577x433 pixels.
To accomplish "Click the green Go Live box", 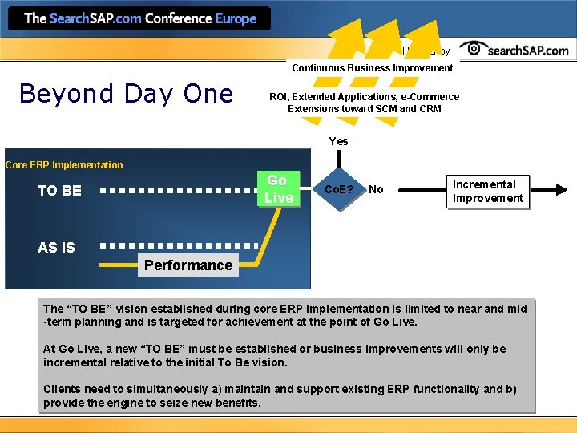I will (278, 189).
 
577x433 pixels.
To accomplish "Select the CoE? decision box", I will (340, 190).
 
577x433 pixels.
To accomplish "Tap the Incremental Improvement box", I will (487, 192).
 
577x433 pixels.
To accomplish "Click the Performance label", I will (188, 265).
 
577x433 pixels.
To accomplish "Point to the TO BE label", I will (60, 191).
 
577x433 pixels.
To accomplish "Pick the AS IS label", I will (57, 248).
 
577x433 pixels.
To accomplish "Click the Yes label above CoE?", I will (338, 141).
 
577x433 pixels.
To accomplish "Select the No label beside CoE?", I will (376, 190).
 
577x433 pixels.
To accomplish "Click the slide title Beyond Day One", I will (126, 94).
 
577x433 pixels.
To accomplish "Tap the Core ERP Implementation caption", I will (64, 165).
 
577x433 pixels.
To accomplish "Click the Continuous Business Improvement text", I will (372, 68).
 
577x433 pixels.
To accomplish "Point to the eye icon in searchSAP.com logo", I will (477, 49).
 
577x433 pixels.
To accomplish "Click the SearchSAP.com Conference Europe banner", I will (140, 18).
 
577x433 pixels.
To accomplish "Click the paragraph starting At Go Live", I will (274, 355).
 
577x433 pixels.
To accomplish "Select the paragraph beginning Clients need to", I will (279, 395).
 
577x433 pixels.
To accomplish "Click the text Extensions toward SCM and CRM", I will (364, 109).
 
